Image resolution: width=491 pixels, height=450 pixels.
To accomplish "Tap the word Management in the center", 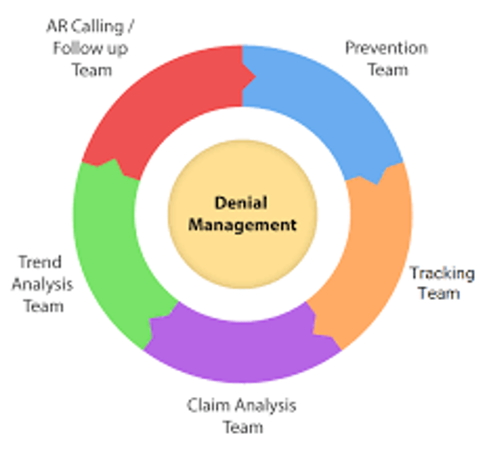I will pyautogui.click(x=242, y=225).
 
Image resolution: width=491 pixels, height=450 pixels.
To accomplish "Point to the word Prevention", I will pyautogui.click(x=386, y=48).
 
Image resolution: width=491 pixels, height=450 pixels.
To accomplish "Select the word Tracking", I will pyautogui.click(x=442, y=274).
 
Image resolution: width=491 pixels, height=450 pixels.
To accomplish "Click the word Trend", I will pyautogui.click(x=40, y=262).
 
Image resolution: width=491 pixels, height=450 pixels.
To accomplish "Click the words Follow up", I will pyautogui.click(x=90, y=49).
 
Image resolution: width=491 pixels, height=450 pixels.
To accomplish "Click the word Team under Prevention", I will pyautogui.click(x=387, y=70).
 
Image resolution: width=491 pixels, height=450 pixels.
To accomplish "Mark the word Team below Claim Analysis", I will pyautogui.click(x=242, y=426).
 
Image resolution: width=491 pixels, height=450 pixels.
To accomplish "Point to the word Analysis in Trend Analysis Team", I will pyautogui.click(x=42, y=284).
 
